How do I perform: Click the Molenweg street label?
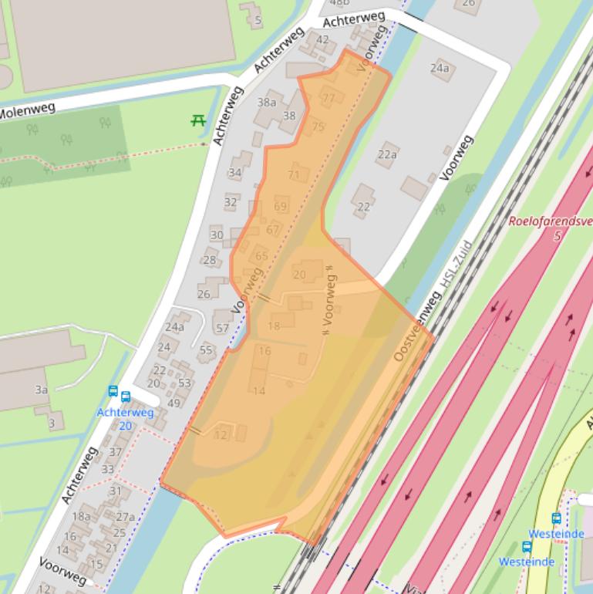pyautogui.click(x=28, y=110)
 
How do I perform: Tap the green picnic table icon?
pyautogui.click(x=198, y=120)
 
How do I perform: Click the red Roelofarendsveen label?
pyautogui.click(x=550, y=222)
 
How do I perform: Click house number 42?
pyautogui.click(x=322, y=40)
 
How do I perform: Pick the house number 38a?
pyautogui.click(x=267, y=102)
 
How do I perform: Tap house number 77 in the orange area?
pyautogui.click(x=329, y=98)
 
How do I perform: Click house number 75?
pyautogui.click(x=318, y=127)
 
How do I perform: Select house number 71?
pyautogui.click(x=293, y=175)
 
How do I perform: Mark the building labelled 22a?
pyautogui.click(x=387, y=154)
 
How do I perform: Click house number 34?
pyautogui.click(x=235, y=174)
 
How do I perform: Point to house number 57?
pyautogui.click(x=223, y=329)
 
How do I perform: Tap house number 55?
pyautogui.click(x=206, y=350)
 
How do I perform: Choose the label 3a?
pyautogui.click(x=42, y=390)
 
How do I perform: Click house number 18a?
pyautogui.click(x=81, y=516)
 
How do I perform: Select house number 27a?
pyautogui.click(x=125, y=517)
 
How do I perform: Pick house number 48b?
pyautogui.click(x=339, y=3)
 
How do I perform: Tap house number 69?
pyautogui.click(x=280, y=206)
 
